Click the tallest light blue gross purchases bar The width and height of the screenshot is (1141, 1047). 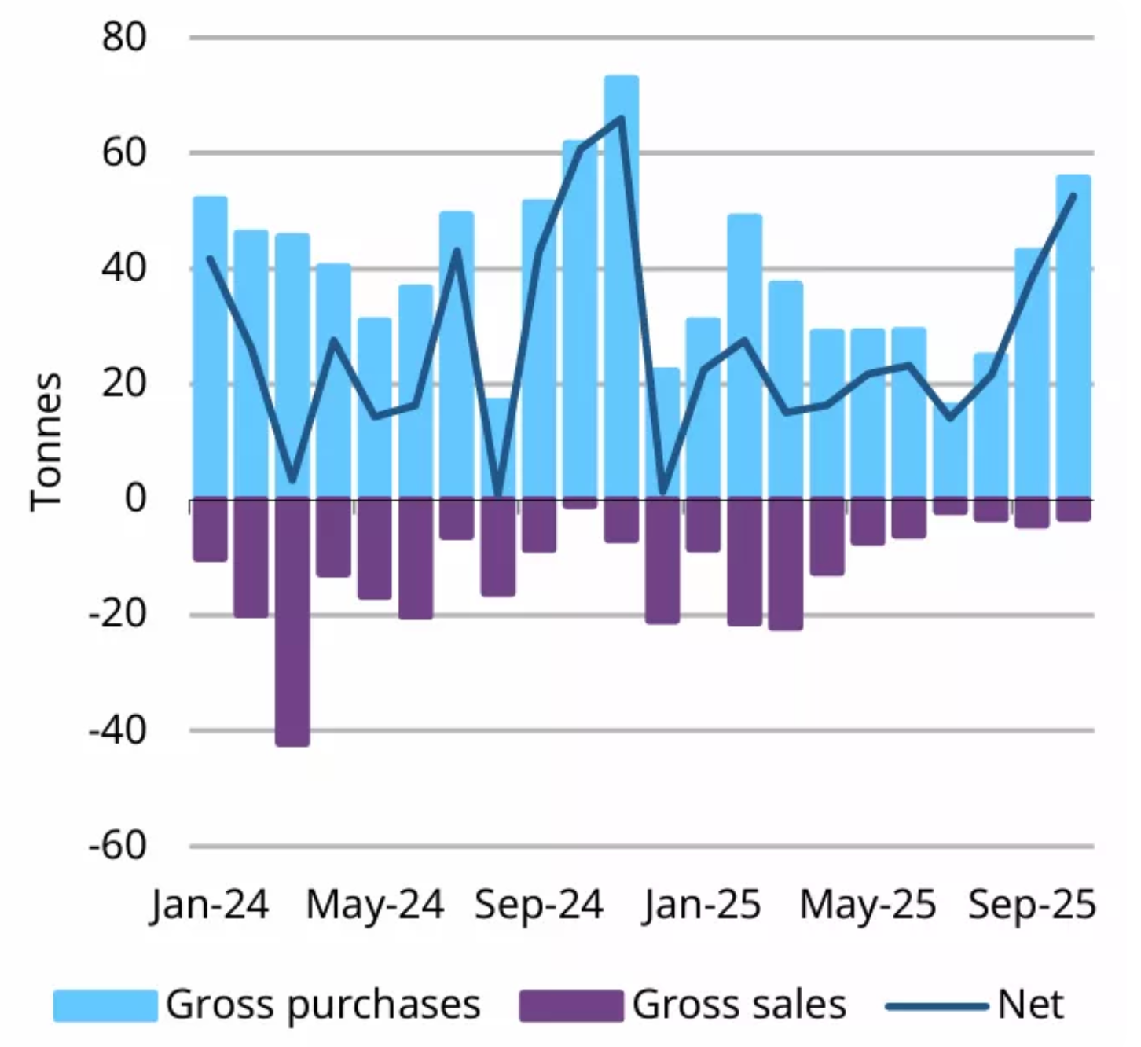[x=621, y=287]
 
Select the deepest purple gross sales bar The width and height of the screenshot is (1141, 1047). [x=292, y=621]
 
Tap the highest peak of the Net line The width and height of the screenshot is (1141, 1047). [x=622, y=119]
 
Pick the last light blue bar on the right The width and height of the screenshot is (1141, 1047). [x=1073, y=338]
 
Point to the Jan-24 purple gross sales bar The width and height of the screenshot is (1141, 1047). [x=210, y=530]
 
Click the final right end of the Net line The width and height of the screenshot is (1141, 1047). [x=1073, y=196]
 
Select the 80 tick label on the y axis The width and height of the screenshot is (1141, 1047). [x=124, y=37]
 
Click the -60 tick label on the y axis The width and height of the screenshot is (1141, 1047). [x=118, y=846]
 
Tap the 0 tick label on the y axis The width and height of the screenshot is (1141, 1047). [x=135, y=498]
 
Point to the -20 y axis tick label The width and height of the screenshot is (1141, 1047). [x=118, y=615]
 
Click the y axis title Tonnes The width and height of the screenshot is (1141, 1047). [x=46, y=442]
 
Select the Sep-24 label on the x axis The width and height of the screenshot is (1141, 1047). [x=538, y=905]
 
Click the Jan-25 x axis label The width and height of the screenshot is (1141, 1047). [x=702, y=905]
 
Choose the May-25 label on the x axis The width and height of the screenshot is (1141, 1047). [x=868, y=905]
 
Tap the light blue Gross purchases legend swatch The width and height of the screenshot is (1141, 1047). [x=105, y=1005]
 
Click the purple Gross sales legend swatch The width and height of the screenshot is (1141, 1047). [x=571, y=1005]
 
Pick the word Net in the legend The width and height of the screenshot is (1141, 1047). [x=1030, y=1005]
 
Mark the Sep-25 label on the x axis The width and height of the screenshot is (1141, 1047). [x=1032, y=905]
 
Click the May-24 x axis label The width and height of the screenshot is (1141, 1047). [x=374, y=905]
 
